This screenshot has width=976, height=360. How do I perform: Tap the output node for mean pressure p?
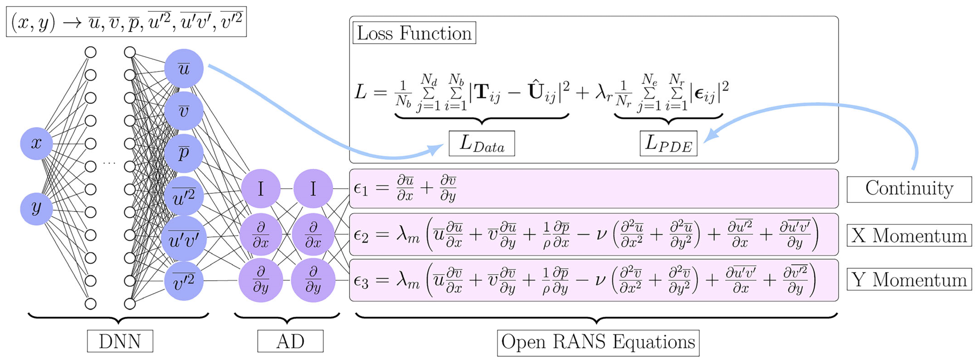pos(184,153)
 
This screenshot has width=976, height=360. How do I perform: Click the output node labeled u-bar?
pos(184,68)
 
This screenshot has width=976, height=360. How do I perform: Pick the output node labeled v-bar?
pos(184,111)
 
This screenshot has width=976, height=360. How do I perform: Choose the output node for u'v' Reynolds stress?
pos(184,239)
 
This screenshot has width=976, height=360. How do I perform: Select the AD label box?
pos(290,341)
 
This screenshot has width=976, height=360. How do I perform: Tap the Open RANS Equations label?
pos(598,342)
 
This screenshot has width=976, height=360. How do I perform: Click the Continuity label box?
pos(909,189)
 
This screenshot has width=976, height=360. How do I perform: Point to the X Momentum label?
pos(909,236)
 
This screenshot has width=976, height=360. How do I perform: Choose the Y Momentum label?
pos(909,280)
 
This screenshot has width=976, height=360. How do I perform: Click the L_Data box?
pos(482,144)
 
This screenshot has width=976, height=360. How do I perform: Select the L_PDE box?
pos(668,144)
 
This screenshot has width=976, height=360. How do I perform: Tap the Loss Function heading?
pos(414,33)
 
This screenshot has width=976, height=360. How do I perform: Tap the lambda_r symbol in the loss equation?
pos(603,92)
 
